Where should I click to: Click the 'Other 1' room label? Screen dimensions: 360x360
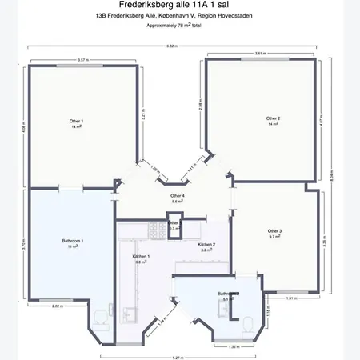pyautogui.click(x=77, y=122)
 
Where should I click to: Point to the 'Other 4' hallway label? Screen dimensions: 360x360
pyautogui.click(x=178, y=198)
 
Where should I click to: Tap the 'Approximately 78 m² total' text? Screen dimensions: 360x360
pyautogui.click(x=179, y=26)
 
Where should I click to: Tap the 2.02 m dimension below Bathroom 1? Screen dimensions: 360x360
pyautogui.click(x=57, y=306)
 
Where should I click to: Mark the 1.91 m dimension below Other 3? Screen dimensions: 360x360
pyautogui.click(x=291, y=298)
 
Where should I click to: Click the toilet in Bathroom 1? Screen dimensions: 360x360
pyautogui.click(x=98, y=318)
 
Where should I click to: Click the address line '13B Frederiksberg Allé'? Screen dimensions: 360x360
pyautogui.click(x=179, y=15)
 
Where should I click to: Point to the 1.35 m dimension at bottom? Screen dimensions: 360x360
pyautogui.click(x=233, y=347)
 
